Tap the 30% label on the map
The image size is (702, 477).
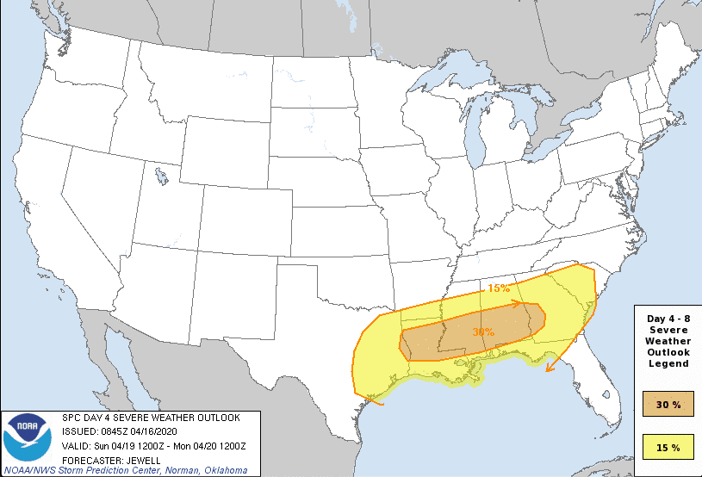point(483,331)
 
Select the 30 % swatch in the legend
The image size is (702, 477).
point(668,404)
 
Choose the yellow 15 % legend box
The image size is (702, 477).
point(668,447)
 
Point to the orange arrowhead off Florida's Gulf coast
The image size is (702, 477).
point(549,369)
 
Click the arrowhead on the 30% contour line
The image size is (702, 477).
point(517,303)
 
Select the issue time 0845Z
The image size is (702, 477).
point(115,431)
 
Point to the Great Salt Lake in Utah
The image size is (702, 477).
point(161,178)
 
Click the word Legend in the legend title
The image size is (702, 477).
point(668,363)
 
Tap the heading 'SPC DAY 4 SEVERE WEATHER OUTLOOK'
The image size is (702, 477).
point(152,418)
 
